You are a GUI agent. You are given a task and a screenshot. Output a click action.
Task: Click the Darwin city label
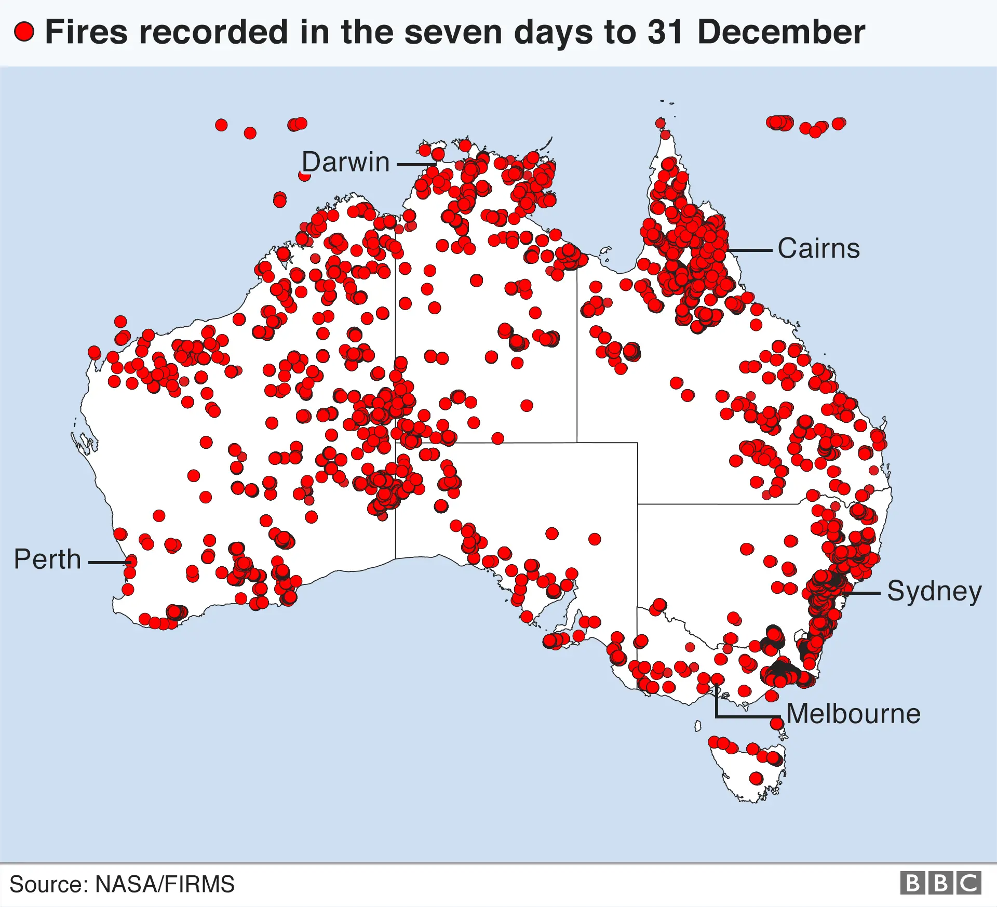pos(345,162)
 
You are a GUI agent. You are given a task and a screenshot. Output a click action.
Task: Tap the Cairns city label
pos(818,248)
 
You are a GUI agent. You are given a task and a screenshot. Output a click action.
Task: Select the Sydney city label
pos(934,591)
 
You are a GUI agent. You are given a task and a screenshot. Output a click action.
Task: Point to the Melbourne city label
pos(853,714)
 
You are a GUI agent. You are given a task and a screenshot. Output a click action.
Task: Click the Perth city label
pos(47,559)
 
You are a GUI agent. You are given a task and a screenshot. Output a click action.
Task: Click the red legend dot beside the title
pos(24,32)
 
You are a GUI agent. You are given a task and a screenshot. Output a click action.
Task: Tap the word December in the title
pos(781,32)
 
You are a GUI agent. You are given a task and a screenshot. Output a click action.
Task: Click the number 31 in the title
pos(665,32)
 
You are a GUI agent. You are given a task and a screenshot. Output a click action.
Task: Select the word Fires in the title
pos(86,32)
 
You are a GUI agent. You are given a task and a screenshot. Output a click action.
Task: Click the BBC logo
pos(940,883)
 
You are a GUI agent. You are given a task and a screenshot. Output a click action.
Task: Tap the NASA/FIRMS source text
pos(165,884)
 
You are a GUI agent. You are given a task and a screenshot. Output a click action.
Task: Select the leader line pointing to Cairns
pos(750,250)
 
